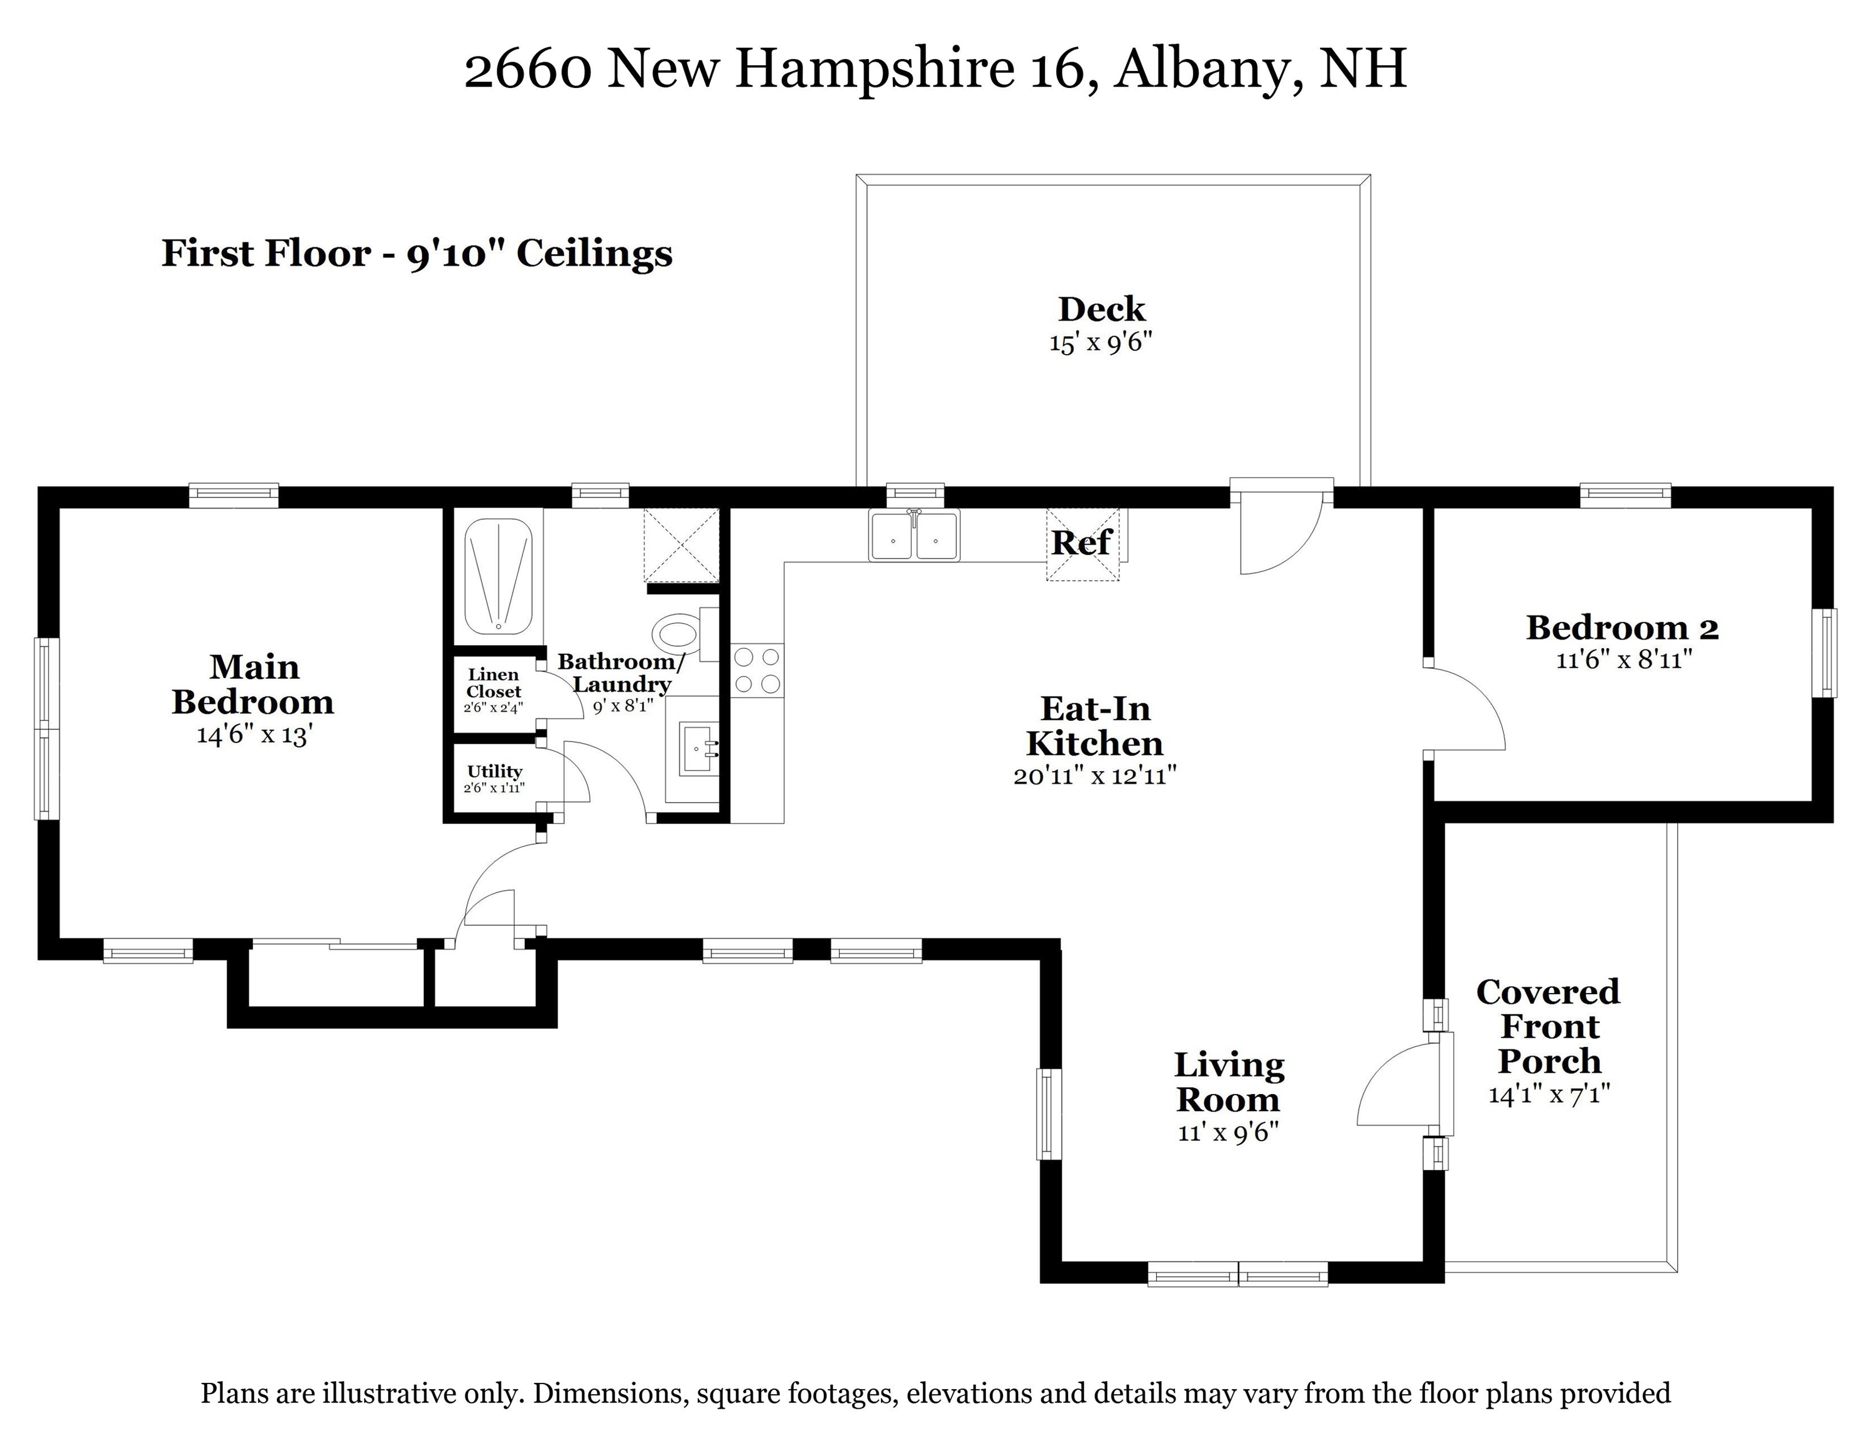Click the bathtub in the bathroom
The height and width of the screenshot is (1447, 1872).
click(498, 575)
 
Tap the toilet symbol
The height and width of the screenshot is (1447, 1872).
click(677, 635)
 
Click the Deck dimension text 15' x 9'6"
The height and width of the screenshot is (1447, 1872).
click(1101, 343)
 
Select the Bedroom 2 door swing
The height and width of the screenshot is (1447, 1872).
click(1464, 708)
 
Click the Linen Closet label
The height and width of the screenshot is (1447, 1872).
click(494, 683)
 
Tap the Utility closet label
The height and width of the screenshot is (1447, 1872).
click(495, 771)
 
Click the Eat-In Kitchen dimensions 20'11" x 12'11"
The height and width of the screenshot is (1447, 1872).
click(1095, 776)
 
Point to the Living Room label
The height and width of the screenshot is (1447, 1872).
click(1228, 1082)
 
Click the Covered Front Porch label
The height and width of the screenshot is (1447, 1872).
click(1548, 1026)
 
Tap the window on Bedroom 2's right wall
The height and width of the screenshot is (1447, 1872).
click(1828, 653)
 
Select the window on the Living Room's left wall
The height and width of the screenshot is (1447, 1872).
click(1047, 1114)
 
